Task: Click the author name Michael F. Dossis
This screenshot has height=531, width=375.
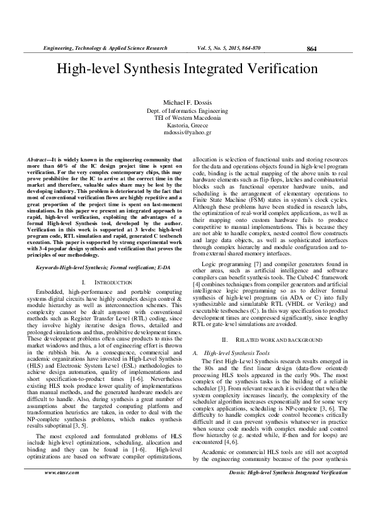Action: tap(187, 102)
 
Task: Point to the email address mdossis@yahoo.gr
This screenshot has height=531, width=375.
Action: tap(187, 132)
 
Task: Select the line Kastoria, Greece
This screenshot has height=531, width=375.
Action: tap(187, 125)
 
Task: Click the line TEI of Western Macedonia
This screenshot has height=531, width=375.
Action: tap(187, 117)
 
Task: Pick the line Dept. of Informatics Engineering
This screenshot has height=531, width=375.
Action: tap(187, 110)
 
